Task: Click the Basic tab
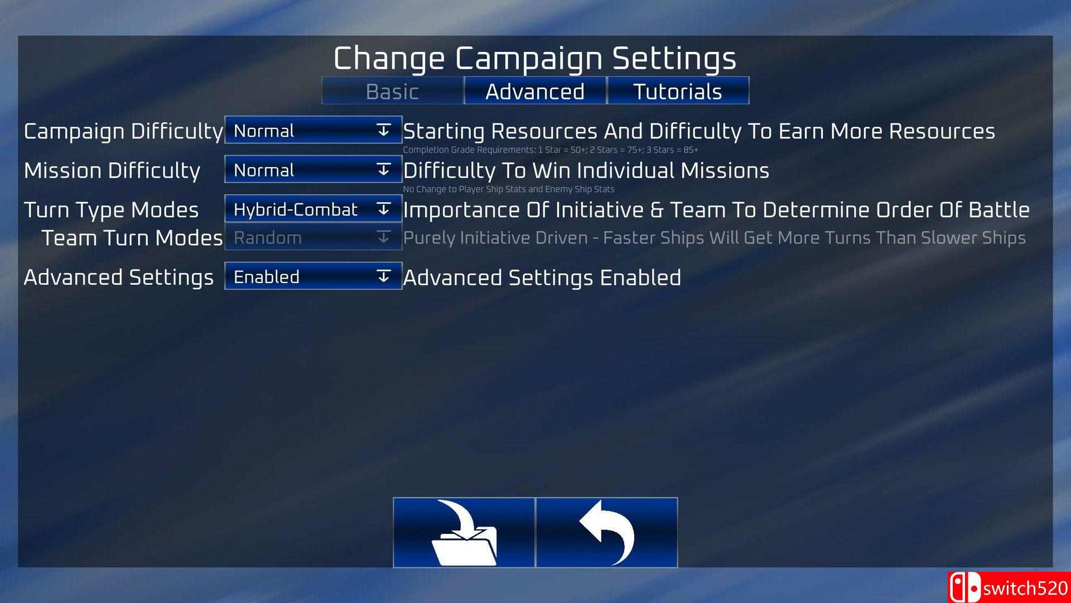click(x=393, y=91)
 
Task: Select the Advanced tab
click(x=535, y=91)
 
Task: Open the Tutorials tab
click(x=678, y=91)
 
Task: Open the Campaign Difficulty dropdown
click(x=313, y=130)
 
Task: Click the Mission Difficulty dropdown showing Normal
click(x=313, y=169)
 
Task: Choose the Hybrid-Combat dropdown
click(x=313, y=209)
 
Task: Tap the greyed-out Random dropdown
click(x=313, y=237)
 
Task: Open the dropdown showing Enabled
click(x=313, y=276)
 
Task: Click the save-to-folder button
click(x=464, y=532)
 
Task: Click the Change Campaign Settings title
click(x=535, y=58)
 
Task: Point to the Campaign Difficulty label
click(x=123, y=132)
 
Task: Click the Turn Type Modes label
click(x=111, y=210)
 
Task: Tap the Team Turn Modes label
click(x=132, y=238)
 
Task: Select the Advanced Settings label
click(x=118, y=277)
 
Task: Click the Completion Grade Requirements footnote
click(x=551, y=150)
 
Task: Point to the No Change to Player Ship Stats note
click(x=509, y=189)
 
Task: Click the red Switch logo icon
click(x=964, y=587)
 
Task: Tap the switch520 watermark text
click(x=1025, y=588)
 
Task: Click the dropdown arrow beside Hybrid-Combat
click(x=383, y=209)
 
